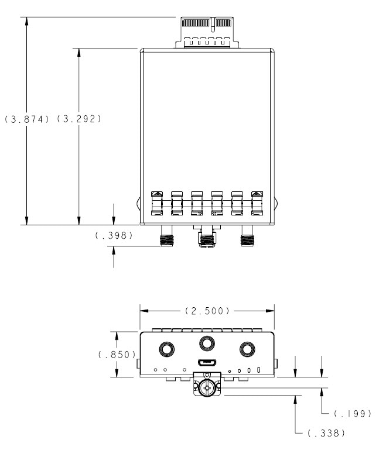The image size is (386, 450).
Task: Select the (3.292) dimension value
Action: tap(79, 119)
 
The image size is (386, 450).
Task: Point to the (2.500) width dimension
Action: tap(207, 310)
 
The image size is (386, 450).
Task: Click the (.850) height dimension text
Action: tap(117, 355)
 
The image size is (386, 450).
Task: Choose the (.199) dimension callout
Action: tap(350, 414)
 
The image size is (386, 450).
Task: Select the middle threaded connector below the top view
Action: tap(207, 240)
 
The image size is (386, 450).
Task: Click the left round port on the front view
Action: tap(167, 349)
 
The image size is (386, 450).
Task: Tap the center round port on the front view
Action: tap(206, 343)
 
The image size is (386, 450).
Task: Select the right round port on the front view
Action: tap(246, 349)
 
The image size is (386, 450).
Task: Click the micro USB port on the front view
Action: tap(206, 363)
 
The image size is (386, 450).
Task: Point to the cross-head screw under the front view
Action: tap(206, 387)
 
